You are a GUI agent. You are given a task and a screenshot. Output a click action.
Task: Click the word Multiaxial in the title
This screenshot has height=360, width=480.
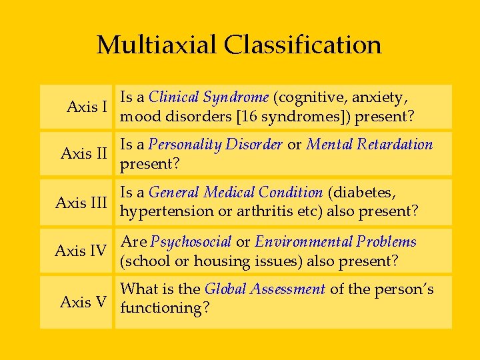tap(157, 45)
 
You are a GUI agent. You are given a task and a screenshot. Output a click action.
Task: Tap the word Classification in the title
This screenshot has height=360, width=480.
tap(303, 45)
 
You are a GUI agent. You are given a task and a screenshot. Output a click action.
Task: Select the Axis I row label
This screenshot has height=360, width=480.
tap(87, 107)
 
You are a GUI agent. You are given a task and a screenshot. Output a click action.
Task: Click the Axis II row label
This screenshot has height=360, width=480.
tap(84, 154)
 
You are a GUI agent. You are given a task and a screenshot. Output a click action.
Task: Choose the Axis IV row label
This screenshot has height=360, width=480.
tap(81, 251)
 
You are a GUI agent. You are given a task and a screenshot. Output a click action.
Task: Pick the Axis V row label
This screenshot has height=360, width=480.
tap(83, 302)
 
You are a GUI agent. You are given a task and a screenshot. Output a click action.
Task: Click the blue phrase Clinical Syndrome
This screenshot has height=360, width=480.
tap(209, 97)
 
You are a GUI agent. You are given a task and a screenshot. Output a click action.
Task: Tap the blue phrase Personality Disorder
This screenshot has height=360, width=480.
tap(215, 145)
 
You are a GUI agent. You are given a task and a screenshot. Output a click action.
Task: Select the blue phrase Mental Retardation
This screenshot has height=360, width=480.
tap(369, 145)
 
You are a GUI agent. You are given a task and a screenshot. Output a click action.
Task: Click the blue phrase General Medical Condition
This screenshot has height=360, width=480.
tap(235, 193)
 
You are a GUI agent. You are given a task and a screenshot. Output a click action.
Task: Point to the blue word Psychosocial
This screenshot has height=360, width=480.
tap(191, 242)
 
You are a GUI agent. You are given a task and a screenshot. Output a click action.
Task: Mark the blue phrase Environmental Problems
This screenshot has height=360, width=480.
tap(335, 242)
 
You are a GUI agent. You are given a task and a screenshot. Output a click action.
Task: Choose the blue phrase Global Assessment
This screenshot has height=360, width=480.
tap(265, 289)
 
